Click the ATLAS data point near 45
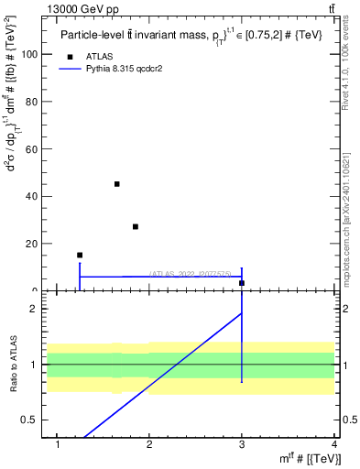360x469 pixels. pos(117,184)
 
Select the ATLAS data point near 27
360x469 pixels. pos(136,226)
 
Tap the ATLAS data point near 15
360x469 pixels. pos(80,255)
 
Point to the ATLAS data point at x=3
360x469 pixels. pos(242,283)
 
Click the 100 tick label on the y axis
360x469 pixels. pos(29,54)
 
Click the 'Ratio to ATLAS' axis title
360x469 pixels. pos(12,365)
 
